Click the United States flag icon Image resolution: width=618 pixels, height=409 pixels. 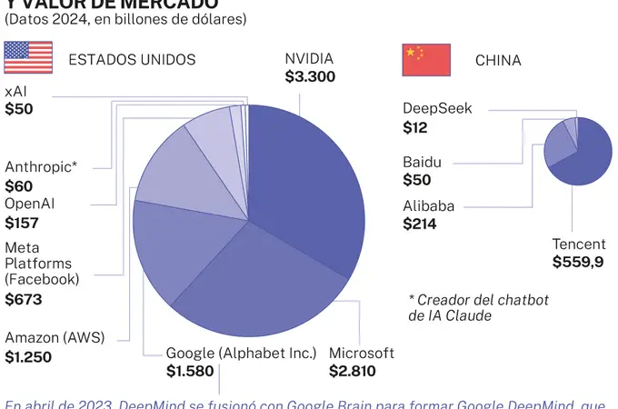coord(28,59)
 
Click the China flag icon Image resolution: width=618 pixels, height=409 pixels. coord(426,60)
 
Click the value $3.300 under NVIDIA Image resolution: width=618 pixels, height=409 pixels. coord(310,77)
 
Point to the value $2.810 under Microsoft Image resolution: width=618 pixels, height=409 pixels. coord(352,371)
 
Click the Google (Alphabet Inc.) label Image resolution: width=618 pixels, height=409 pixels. coord(241,353)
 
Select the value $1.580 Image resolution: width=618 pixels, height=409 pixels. coord(190,371)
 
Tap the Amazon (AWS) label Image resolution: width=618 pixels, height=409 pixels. coord(55,337)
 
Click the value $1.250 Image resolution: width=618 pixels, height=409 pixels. coord(28,356)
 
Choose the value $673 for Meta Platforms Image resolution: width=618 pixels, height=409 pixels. coord(24,299)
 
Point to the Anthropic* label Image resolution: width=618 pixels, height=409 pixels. coord(41,167)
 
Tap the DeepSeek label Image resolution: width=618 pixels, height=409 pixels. coord(437,109)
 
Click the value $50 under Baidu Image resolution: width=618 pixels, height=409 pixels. coord(417,180)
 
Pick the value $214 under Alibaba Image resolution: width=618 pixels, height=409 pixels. coord(420,224)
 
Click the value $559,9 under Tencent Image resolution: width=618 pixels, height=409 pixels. coord(579,263)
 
